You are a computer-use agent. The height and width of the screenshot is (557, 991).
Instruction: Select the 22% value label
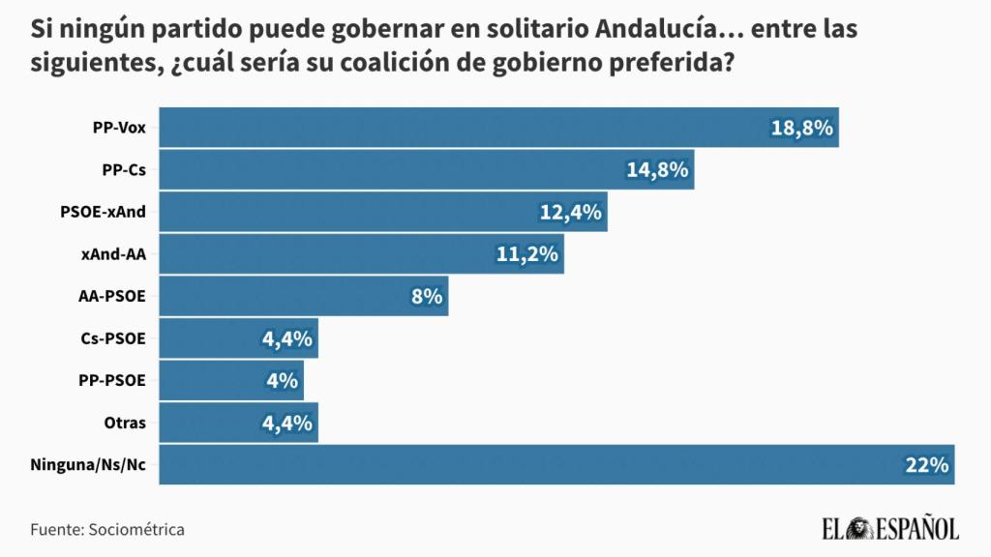click(x=926, y=465)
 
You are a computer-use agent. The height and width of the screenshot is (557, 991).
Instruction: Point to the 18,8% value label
click(x=802, y=128)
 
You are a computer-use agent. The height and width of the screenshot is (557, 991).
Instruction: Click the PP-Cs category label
click(x=124, y=170)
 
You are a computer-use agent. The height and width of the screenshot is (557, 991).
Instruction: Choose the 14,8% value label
click(x=658, y=170)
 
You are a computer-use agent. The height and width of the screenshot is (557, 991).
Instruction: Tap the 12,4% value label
click(x=571, y=212)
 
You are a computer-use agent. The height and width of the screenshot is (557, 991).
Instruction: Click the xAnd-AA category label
click(x=114, y=254)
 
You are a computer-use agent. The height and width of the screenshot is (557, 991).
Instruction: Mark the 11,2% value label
click(x=527, y=254)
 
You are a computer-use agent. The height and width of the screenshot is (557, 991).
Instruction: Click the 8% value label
click(x=427, y=296)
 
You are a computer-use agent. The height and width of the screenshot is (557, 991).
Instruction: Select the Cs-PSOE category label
click(x=114, y=338)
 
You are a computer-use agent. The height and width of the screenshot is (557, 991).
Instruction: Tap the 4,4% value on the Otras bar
click(x=286, y=423)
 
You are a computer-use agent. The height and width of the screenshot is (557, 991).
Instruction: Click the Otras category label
click(x=125, y=423)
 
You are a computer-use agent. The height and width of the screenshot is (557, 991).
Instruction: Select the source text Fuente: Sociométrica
click(x=107, y=530)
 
